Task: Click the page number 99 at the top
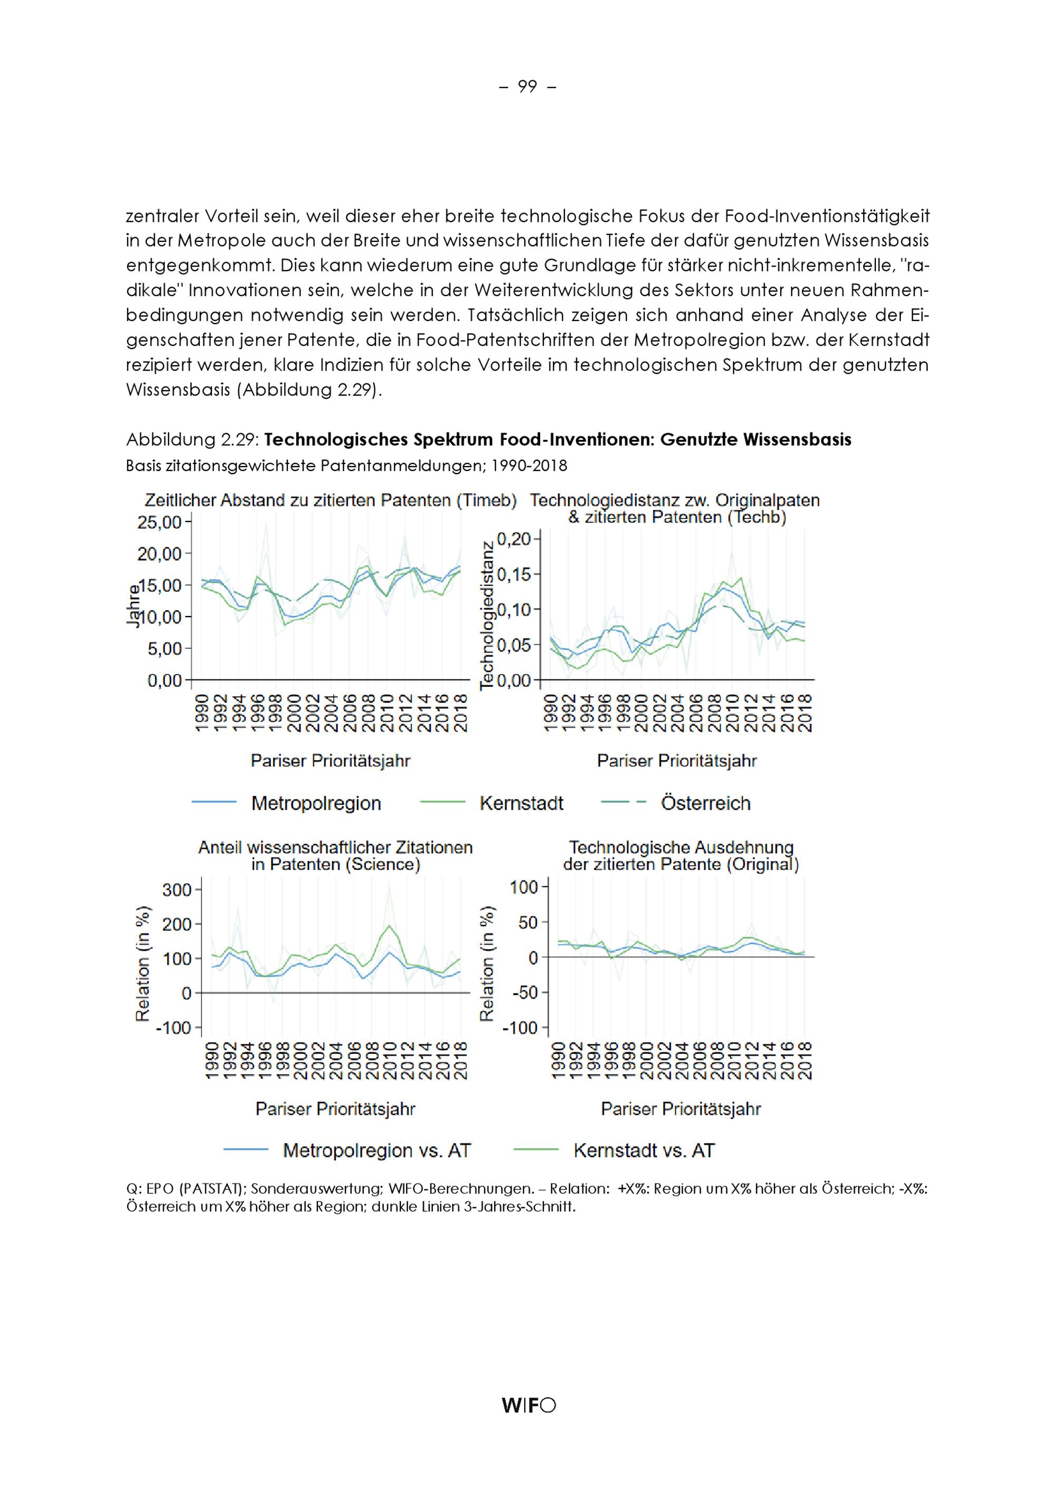pos(527,87)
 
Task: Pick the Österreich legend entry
pos(705,803)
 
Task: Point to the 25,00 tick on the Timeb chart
pos(159,523)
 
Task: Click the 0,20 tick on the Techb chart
pos(514,539)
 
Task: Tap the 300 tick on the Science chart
pos(177,890)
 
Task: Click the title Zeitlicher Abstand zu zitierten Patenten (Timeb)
pos(331,500)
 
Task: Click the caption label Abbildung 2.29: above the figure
pos(193,440)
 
